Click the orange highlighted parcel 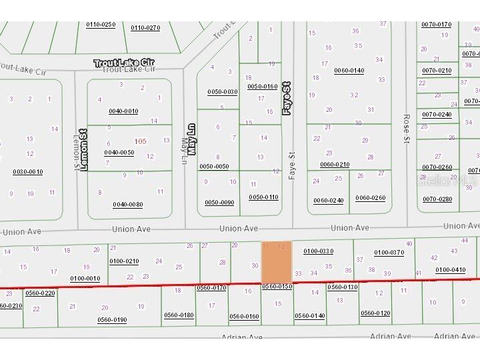(276, 262)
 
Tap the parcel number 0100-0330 (318, 251)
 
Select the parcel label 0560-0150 (277, 287)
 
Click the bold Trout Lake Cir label (125, 63)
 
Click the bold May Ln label (191, 139)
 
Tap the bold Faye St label (287, 99)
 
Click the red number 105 (140, 141)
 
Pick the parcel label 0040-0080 (127, 205)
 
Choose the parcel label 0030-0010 (27, 172)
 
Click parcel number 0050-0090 (219, 203)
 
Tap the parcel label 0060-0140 (349, 71)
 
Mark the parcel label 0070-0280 (437, 199)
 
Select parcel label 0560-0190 (112, 320)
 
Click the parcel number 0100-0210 (124, 261)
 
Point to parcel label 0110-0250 (101, 25)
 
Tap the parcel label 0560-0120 (375, 313)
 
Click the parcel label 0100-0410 (450, 270)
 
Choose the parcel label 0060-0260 (370, 198)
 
